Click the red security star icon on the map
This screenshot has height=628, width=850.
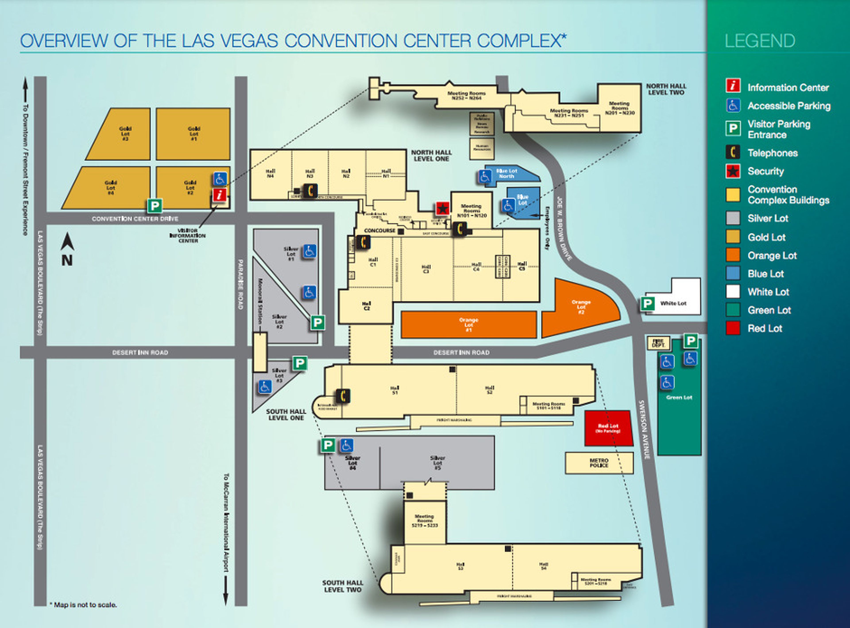tap(442, 208)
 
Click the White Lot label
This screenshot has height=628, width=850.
tap(673, 303)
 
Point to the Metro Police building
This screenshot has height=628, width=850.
tap(599, 463)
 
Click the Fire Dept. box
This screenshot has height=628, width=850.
tap(658, 343)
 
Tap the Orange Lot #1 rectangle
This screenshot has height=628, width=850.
tap(469, 325)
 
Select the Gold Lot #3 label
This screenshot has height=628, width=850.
tap(125, 134)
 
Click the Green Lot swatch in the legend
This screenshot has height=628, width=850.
tap(732, 310)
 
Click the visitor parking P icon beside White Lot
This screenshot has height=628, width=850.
tap(647, 303)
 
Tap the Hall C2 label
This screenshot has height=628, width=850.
tap(366, 306)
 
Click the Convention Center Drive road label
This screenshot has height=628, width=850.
tap(135, 219)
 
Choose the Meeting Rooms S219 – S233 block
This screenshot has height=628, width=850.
tap(424, 521)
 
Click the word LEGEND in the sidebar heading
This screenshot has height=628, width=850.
tap(759, 41)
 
